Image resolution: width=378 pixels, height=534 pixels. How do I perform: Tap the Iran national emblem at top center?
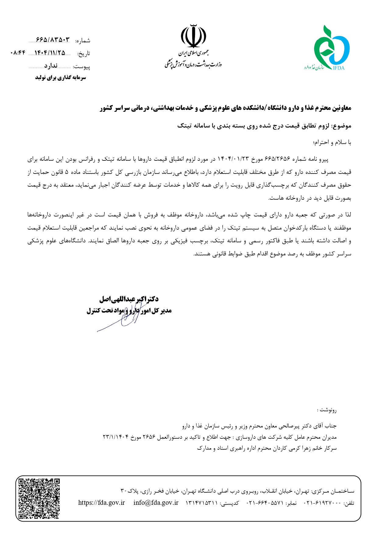point(193,36)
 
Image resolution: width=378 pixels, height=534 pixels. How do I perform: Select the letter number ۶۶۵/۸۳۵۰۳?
point(53,40)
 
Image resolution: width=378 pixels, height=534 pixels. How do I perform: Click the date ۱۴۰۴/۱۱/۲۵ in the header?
point(50,53)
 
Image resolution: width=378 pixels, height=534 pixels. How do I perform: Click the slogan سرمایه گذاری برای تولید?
point(61,78)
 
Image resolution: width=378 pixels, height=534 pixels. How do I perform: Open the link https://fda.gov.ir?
point(101,503)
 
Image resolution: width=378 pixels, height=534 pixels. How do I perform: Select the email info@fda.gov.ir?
point(156,503)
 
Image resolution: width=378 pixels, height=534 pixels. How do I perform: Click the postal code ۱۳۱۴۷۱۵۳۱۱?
point(201,503)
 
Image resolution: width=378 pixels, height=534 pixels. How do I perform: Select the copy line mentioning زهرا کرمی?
point(267,448)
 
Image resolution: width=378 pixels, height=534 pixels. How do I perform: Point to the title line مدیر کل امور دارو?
point(129,311)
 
